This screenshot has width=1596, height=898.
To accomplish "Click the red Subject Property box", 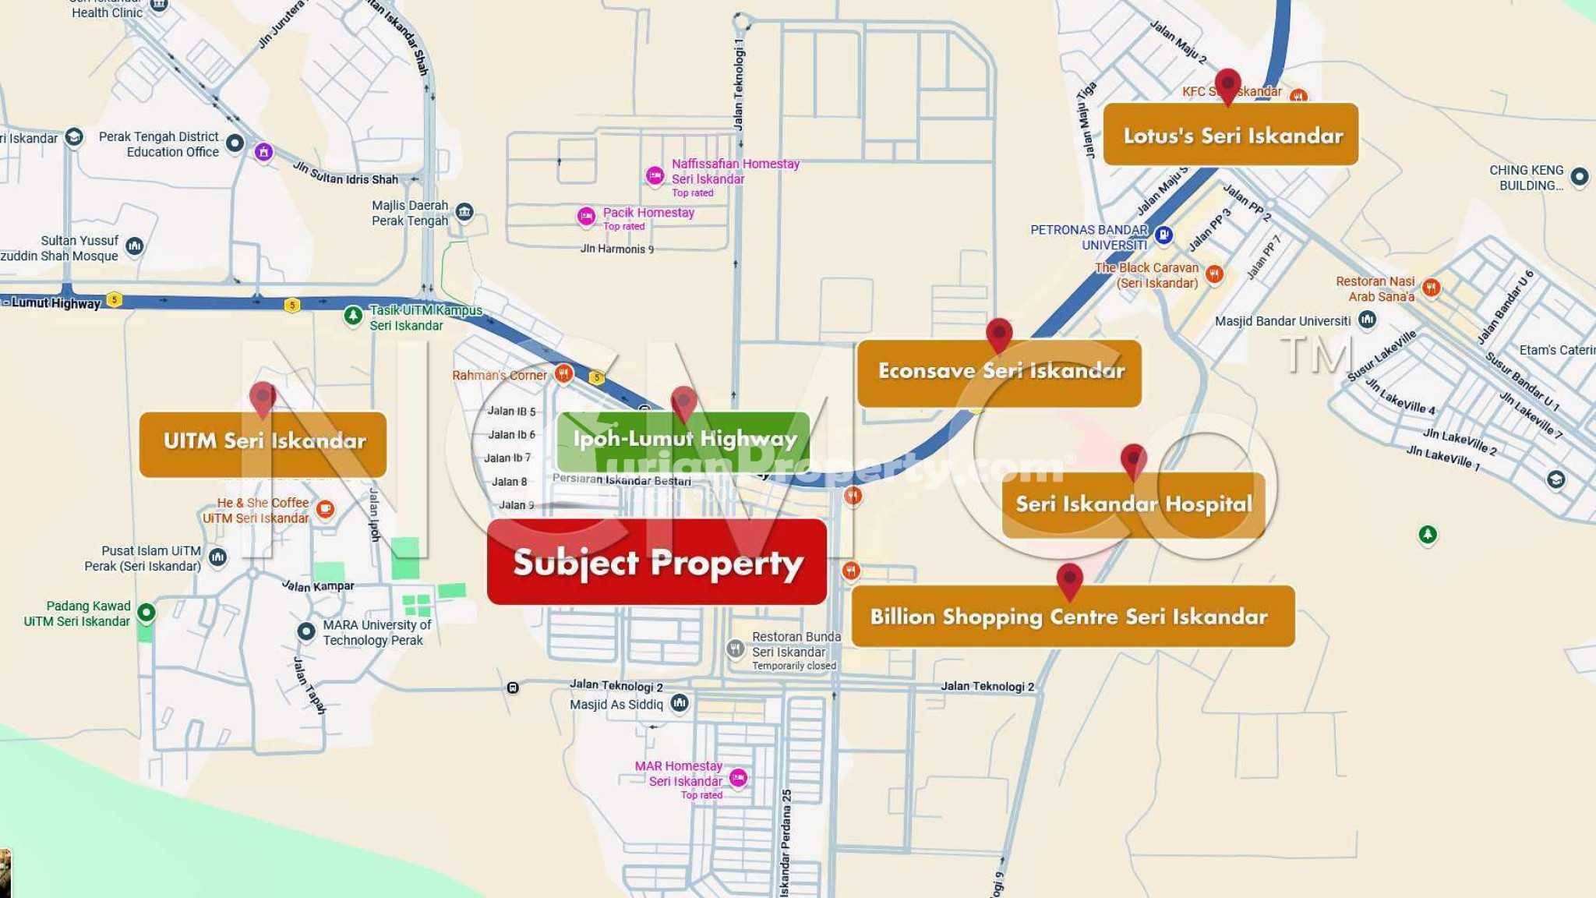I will pyautogui.click(x=656, y=562).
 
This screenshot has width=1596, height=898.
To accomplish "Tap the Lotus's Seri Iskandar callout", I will pyautogui.click(x=1231, y=135).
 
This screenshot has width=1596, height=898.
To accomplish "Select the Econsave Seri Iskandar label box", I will pyautogui.click(x=999, y=372).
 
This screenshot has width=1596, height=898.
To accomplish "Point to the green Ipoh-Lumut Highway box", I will pyautogui.click(x=683, y=440).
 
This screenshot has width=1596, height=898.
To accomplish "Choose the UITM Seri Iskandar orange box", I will pyautogui.click(x=263, y=442).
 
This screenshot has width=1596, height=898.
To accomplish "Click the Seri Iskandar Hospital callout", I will pyautogui.click(x=1133, y=504).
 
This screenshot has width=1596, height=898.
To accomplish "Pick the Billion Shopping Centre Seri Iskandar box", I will pyautogui.click(x=1072, y=617).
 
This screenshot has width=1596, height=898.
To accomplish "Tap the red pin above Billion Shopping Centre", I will pyautogui.click(x=1069, y=579).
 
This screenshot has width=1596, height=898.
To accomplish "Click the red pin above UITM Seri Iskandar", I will pyautogui.click(x=263, y=398).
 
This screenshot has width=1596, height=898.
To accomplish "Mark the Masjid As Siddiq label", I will pyautogui.click(x=616, y=705).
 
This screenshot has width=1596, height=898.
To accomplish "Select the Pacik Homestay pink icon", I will pyautogui.click(x=586, y=216).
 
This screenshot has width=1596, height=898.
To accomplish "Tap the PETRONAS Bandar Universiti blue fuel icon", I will pyautogui.click(x=1163, y=234).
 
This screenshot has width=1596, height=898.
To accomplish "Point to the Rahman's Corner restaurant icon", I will pyautogui.click(x=563, y=374).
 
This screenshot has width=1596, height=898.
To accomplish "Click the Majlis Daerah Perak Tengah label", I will pyautogui.click(x=410, y=213).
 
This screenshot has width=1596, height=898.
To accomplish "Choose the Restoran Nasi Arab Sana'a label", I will pyautogui.click(x=1375, y=288).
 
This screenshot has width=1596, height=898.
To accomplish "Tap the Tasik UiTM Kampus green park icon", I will pyautogui.click(x=353, y=315).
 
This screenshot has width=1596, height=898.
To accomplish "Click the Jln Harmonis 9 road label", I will pyautogui.click(x=616, y=249).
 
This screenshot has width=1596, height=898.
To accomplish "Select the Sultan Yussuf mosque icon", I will pyautogui.click(x=134, y=246).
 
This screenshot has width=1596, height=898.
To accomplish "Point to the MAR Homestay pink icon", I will pyautogui.click(x=738, y=777).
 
